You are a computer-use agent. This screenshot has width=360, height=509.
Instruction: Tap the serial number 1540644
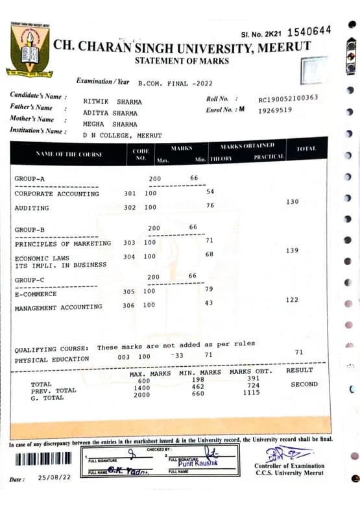(x=309, y=31)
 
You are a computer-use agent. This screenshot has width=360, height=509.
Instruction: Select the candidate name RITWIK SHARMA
(x=112, y=102)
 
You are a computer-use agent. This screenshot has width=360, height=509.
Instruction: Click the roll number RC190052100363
(x=288, y=99)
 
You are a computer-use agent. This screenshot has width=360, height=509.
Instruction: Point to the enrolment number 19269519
(x=275, y=110)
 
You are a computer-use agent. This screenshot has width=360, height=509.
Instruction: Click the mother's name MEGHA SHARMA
(x=110, y=125)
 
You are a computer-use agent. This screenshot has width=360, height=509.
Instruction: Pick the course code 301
(x=130, y=193)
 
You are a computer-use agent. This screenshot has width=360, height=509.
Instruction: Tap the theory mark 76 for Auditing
(x=210, y=206)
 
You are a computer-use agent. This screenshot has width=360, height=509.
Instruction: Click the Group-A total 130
(x=293, y=202)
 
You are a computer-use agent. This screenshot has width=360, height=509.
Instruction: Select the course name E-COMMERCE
(x=36, y=294)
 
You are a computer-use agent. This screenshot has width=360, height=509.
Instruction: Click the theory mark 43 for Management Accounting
(x=209, y=303)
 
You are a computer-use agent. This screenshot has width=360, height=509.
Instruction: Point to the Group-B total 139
(x=293, y=251)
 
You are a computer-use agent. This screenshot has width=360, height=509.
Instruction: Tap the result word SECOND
(x=304, y=384)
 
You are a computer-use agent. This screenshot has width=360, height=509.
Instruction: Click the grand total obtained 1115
(x=251, y=393)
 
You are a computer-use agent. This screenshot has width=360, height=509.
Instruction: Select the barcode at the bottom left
(x=43, y=458)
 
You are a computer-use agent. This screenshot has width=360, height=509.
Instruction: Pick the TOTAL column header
(x=306, y=149)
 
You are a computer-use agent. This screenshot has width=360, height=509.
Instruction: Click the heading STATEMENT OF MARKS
(x=182, y=61)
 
